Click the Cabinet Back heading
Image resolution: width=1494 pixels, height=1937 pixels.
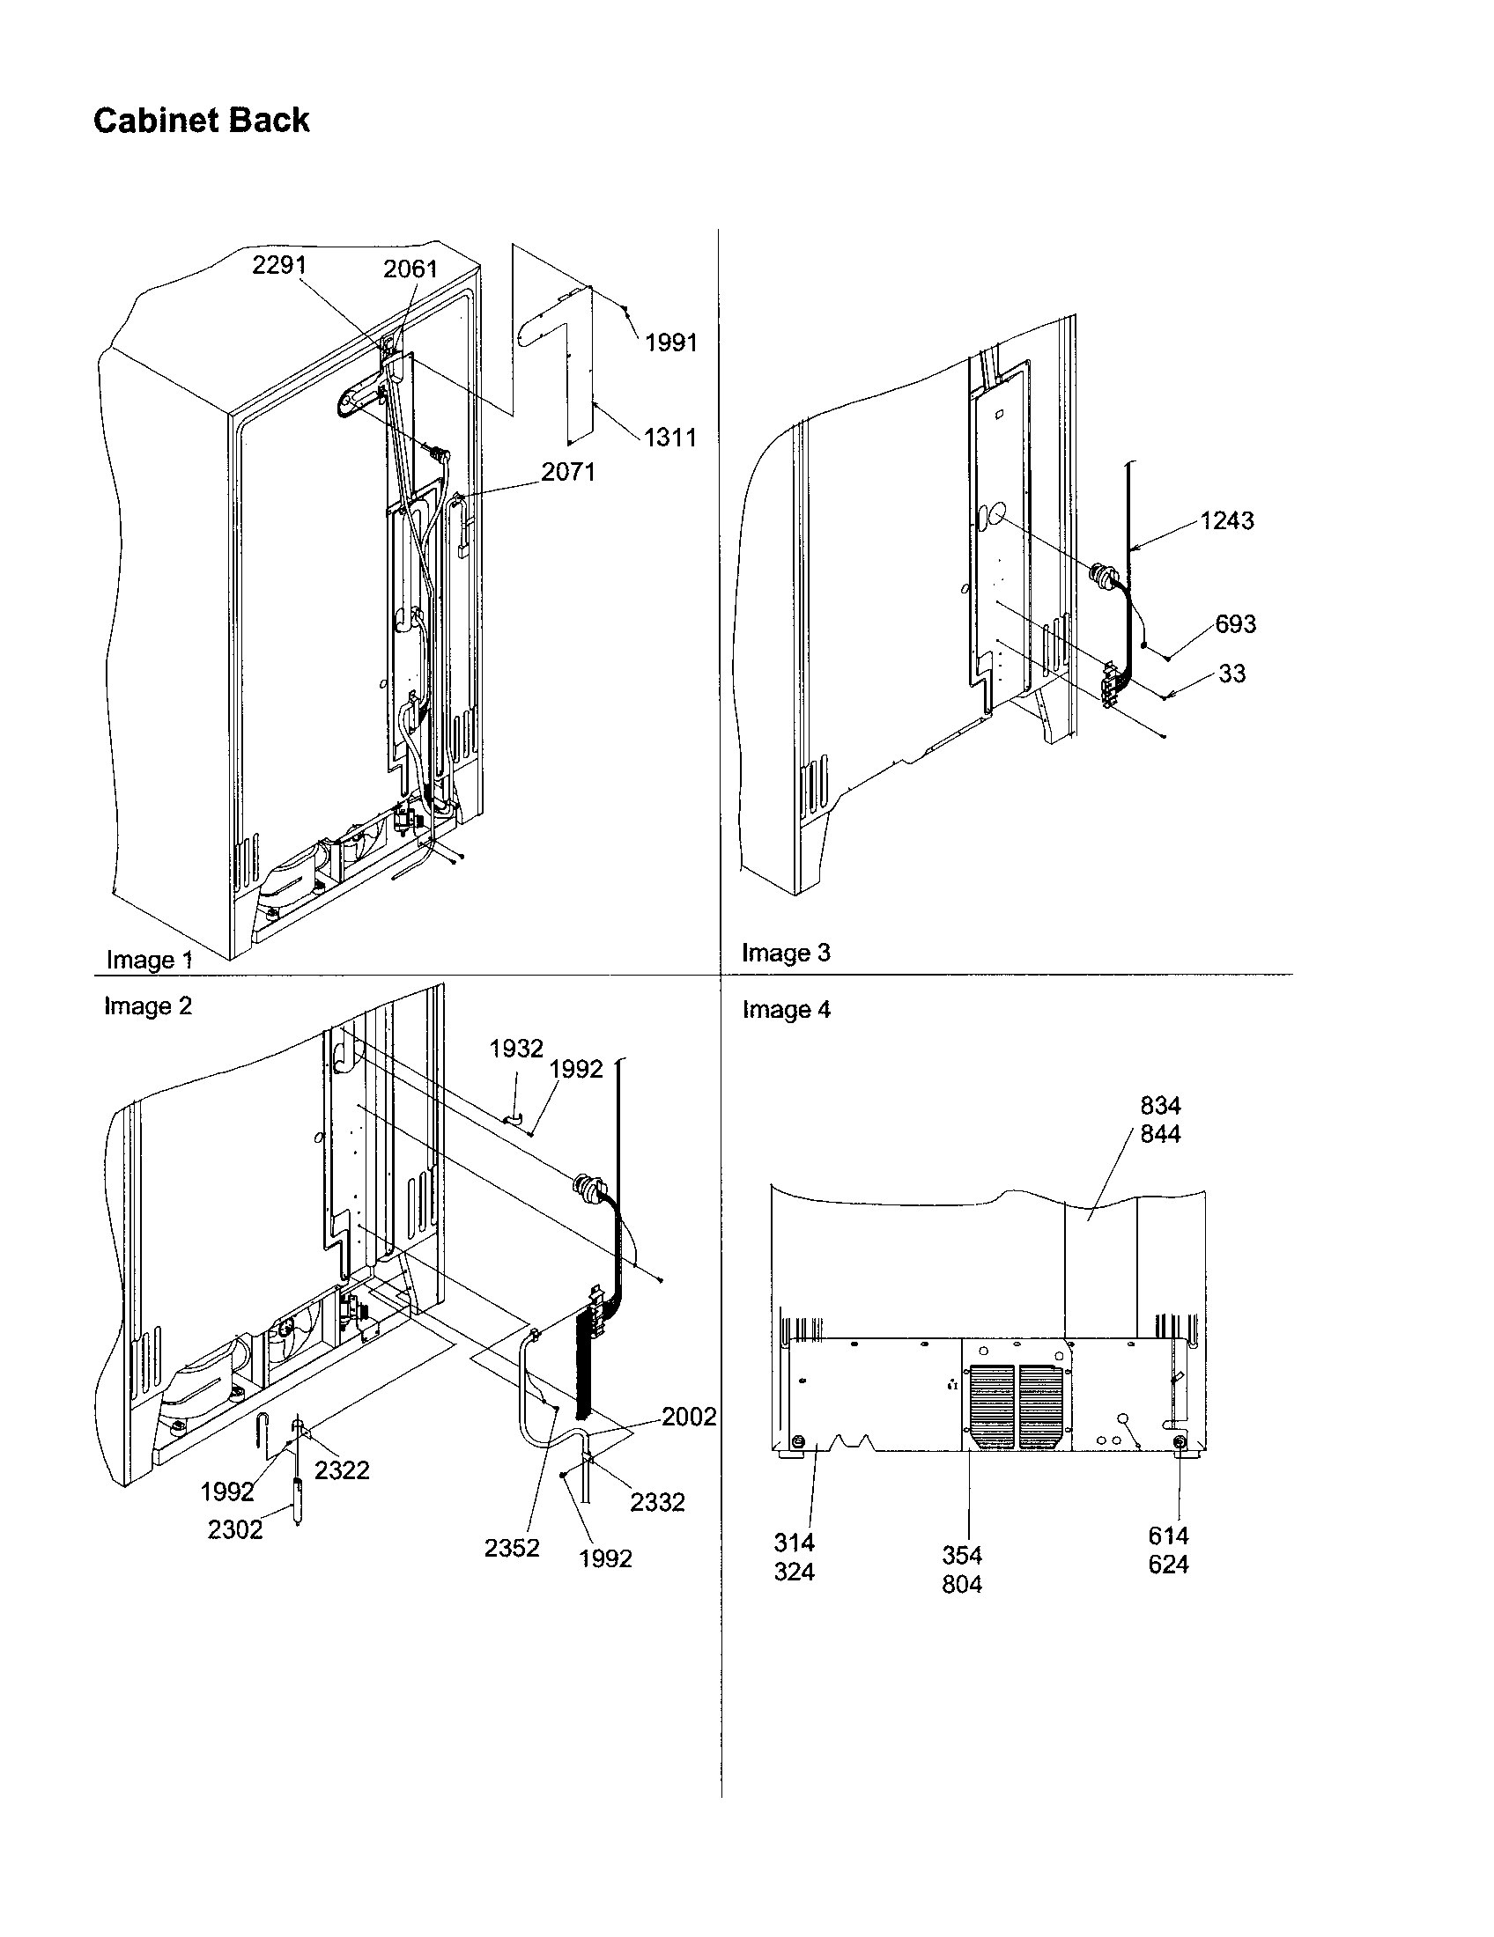pos(202,121)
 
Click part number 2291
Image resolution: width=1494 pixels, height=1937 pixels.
pos(278,265)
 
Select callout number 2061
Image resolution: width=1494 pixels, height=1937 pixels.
pos(410,269)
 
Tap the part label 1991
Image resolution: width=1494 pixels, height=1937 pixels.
pos(670,342)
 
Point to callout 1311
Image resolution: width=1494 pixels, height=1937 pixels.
pos(669,438)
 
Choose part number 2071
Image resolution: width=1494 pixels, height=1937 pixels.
pos(568,472)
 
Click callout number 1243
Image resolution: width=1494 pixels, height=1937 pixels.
pos(1227,520)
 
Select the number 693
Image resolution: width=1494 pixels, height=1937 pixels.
pos(1235,624)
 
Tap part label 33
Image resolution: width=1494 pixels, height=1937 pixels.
pos(1231,674)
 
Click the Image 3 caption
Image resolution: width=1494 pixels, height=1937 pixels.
pos(785,953)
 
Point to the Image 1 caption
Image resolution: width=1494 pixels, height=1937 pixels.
pos(149,960)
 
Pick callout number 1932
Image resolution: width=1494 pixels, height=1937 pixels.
pos(515,1049)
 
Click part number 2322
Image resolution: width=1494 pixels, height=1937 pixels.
pos(342,1469)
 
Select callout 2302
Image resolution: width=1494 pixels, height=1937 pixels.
pos(235,1530)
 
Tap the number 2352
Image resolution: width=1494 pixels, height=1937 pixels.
pos(512,1548)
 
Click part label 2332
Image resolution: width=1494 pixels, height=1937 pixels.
pos(657,1501)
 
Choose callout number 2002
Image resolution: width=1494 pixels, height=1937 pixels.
pos(689,1417)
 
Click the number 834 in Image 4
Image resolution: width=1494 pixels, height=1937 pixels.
pos(1160,1106)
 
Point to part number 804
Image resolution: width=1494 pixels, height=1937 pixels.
pos(962,1584)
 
